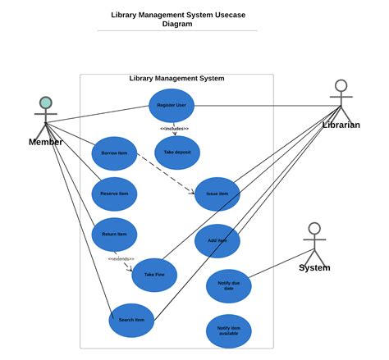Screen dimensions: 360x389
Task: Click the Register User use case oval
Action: (x=172, y=105)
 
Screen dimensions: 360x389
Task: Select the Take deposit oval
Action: (x=176, y=153)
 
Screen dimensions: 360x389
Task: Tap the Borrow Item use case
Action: (x=114, y=153)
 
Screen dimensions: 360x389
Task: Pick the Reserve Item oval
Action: (x=114, y=194)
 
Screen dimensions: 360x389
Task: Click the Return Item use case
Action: (x=114, y=234)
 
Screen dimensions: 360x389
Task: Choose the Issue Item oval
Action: (x=217, y=194)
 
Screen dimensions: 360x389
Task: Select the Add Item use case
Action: (x=217, y=240)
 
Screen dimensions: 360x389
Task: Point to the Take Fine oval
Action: (x=154, y=275)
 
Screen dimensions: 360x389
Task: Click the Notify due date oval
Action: (x=228, y=285)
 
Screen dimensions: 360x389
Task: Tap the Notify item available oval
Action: (x=228, y=330)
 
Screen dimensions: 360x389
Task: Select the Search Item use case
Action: (x=131, y=320)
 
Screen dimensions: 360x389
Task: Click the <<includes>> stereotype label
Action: (x=174, y=129)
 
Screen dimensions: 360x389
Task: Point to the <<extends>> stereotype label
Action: (x=121, y=259)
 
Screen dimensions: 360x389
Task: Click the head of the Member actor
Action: (x=46, y=103)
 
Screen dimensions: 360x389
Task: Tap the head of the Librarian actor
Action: (x=341, y=85)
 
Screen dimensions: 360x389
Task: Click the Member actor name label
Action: (x=45, y=142)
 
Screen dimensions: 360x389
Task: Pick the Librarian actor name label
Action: (x=341, y=125)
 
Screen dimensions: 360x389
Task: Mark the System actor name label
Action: (x=314, y=268)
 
